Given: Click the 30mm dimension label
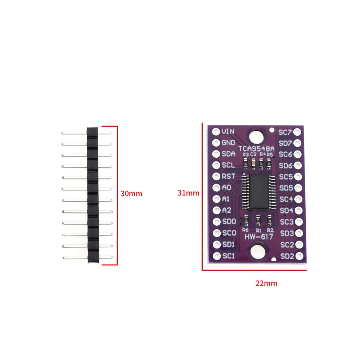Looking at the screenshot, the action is [x=131, y=194].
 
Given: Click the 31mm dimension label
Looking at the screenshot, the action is [x=188, y=193].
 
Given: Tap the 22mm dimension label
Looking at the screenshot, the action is [x=266, y=283].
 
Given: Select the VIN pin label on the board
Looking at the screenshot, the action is [x=228, y=131].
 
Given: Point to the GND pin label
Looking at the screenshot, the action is [x=229, y=143].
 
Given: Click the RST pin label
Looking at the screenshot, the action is [x=229, y=176].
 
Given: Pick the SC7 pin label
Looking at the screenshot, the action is [x=285, y=132].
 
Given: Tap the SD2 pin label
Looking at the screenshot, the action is [x=287, y=256].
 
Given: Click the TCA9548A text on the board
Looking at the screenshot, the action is [x=256, y=149].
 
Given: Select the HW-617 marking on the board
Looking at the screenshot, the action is [x=259, y=237].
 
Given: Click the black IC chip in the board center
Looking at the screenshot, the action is [x=259, y=192].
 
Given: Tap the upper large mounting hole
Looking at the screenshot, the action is [x=256, y=137].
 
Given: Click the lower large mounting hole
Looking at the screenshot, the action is [x=258, y=252].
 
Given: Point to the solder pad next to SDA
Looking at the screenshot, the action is [x=216, y=154].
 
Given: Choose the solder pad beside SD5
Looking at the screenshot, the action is [x=298, y=188].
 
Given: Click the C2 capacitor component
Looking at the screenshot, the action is [x=253, y=163].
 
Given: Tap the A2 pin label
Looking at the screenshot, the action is [x=226, y=210].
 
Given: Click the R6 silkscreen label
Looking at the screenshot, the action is [x=245, y=230].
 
